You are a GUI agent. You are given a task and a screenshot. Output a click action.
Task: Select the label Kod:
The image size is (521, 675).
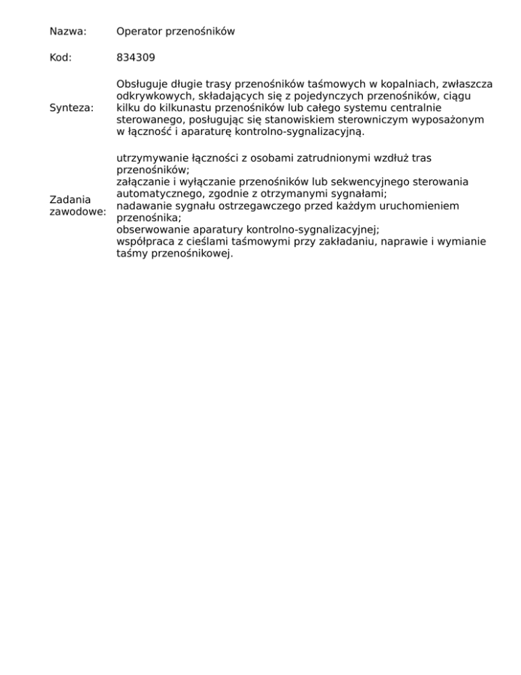(60, 58)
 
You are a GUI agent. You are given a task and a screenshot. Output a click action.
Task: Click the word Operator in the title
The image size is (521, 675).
(140, 31)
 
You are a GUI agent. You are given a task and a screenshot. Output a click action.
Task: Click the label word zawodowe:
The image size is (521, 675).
(78, 212)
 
